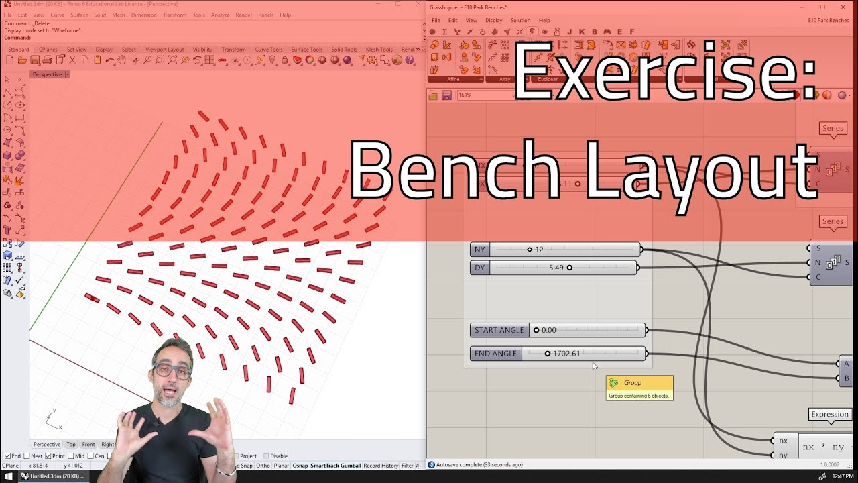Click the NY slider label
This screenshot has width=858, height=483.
[479, 250]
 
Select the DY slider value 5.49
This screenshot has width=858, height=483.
[556, 268]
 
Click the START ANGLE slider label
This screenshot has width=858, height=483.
[499, 330]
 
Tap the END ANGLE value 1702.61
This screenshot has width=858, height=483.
[566, 354]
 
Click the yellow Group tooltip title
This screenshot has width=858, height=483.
[633, 383]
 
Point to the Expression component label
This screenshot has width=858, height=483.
[830, 415]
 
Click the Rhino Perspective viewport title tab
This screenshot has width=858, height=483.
[48, 74]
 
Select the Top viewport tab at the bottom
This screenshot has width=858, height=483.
[71, 445]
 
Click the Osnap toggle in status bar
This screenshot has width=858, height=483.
[300, 466]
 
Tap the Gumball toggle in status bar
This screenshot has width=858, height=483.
[351, 466]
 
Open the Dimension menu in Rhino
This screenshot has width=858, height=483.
[143, 15]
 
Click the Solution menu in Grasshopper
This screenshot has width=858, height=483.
[520, 21]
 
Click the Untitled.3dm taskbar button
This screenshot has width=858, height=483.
[54, 476]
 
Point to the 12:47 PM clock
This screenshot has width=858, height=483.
[843, 476]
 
